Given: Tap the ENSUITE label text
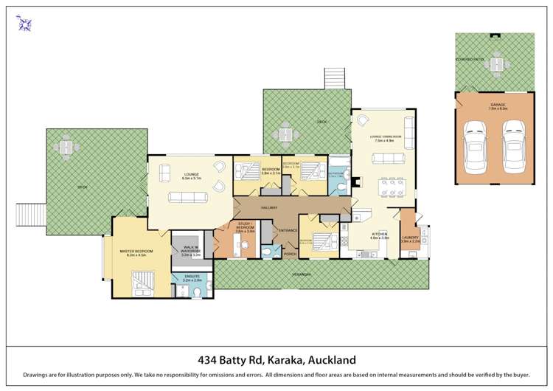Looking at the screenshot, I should coord(191,279).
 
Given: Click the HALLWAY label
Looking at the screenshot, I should coord(268,208).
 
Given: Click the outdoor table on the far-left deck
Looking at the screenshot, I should coord(68,150).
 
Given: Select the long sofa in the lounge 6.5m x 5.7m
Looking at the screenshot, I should coord(186,197).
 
